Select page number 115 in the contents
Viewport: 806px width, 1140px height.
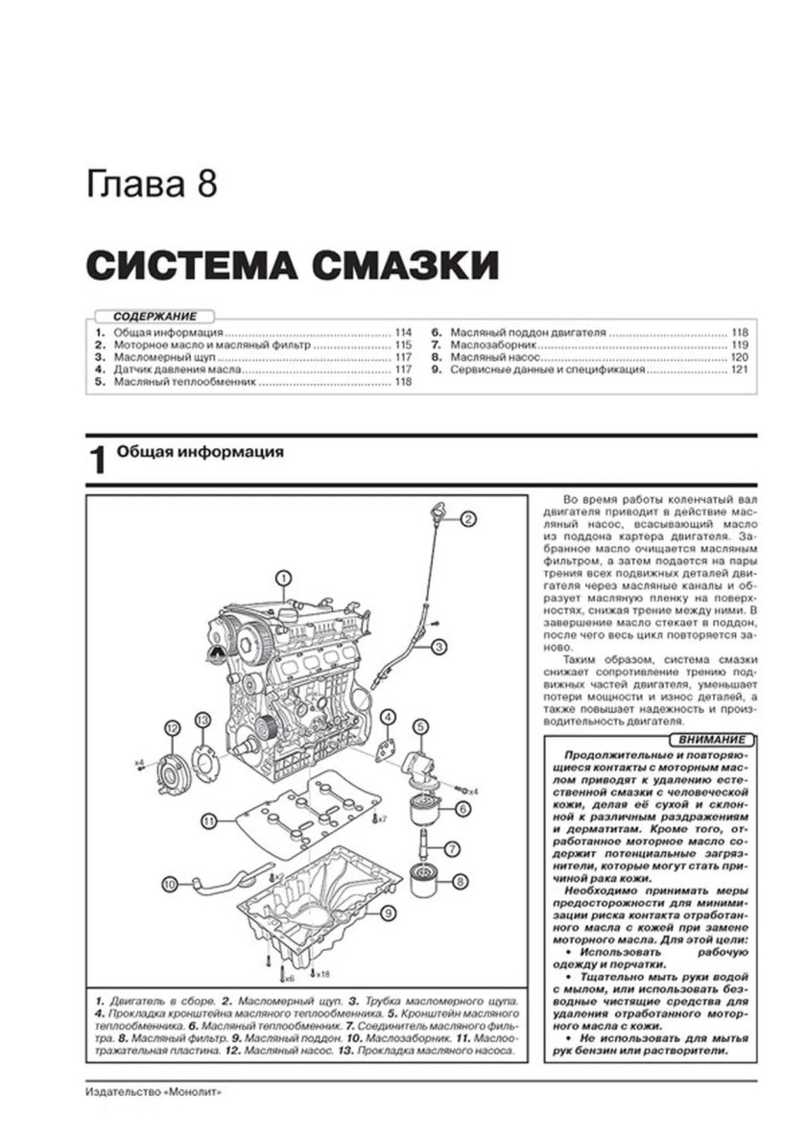click(402, 344)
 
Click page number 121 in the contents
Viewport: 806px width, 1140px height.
click(739, 368)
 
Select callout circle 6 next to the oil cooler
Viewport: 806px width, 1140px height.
click(462, 810)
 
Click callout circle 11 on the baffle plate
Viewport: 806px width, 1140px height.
click(208, 820)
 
